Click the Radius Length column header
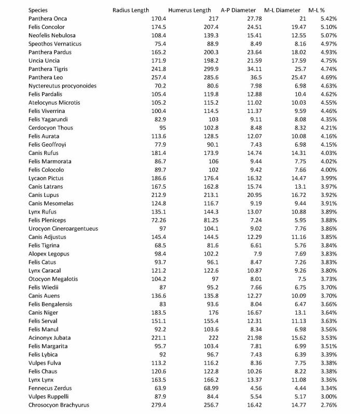[131, 10]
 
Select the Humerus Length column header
[189, 10]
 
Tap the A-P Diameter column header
[238, 10]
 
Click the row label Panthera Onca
[48, 19]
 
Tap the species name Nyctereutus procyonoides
[63, 85]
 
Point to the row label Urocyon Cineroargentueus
[63, 229]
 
